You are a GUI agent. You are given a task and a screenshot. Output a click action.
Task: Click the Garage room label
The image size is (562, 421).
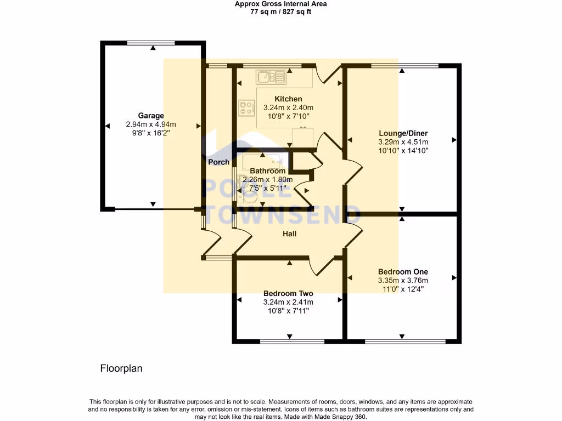coord(151,116)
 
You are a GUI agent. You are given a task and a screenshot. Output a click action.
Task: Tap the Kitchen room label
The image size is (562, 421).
coord(288,99)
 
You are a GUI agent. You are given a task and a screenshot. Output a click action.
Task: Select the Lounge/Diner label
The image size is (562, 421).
coord(403,133)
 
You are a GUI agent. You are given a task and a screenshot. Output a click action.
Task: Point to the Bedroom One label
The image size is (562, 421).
coord(403,271)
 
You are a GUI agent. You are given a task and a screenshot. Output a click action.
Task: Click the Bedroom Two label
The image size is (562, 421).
coord(288,293)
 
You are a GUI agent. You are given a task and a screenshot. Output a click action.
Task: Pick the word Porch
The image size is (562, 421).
coord(218,162)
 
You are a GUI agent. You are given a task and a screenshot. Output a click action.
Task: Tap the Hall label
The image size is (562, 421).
coord(289,234)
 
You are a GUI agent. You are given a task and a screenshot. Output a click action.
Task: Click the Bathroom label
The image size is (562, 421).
coord(268,171)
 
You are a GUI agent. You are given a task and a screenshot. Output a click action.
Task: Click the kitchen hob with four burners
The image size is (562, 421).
coord(246,109)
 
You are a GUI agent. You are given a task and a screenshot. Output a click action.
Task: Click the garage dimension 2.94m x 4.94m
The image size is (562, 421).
coord(151,124)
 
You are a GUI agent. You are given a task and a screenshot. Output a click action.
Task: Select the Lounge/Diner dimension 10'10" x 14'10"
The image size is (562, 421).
coord(403,150)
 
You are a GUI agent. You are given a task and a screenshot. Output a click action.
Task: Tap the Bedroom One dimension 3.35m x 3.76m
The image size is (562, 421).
coord(403,280)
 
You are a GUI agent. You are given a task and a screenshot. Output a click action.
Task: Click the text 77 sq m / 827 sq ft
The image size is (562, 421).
coord(280,12)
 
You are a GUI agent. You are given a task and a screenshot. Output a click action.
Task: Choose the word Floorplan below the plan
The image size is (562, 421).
coord(121,368)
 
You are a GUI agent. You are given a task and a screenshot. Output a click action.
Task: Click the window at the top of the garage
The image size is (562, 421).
coord(151,42)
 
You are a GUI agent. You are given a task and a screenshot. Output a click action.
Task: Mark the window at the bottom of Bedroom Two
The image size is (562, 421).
coord(288,342)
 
